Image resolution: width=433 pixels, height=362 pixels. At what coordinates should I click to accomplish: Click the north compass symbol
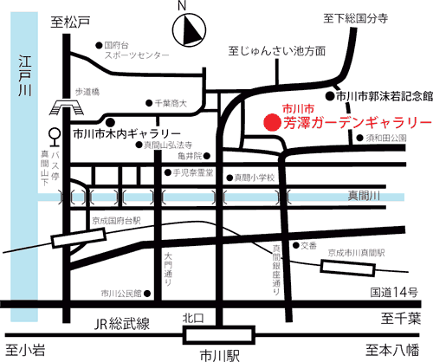tap(187, 32)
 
